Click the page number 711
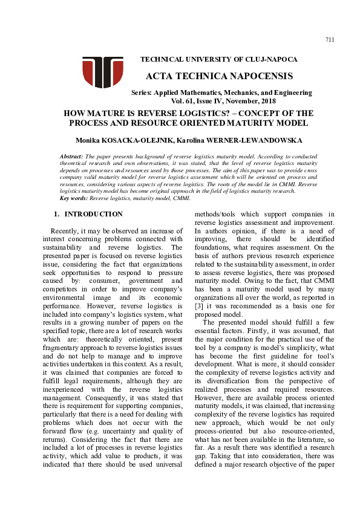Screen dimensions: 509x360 [329, 40]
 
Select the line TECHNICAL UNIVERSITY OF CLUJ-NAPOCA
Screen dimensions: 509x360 [218, 59]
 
